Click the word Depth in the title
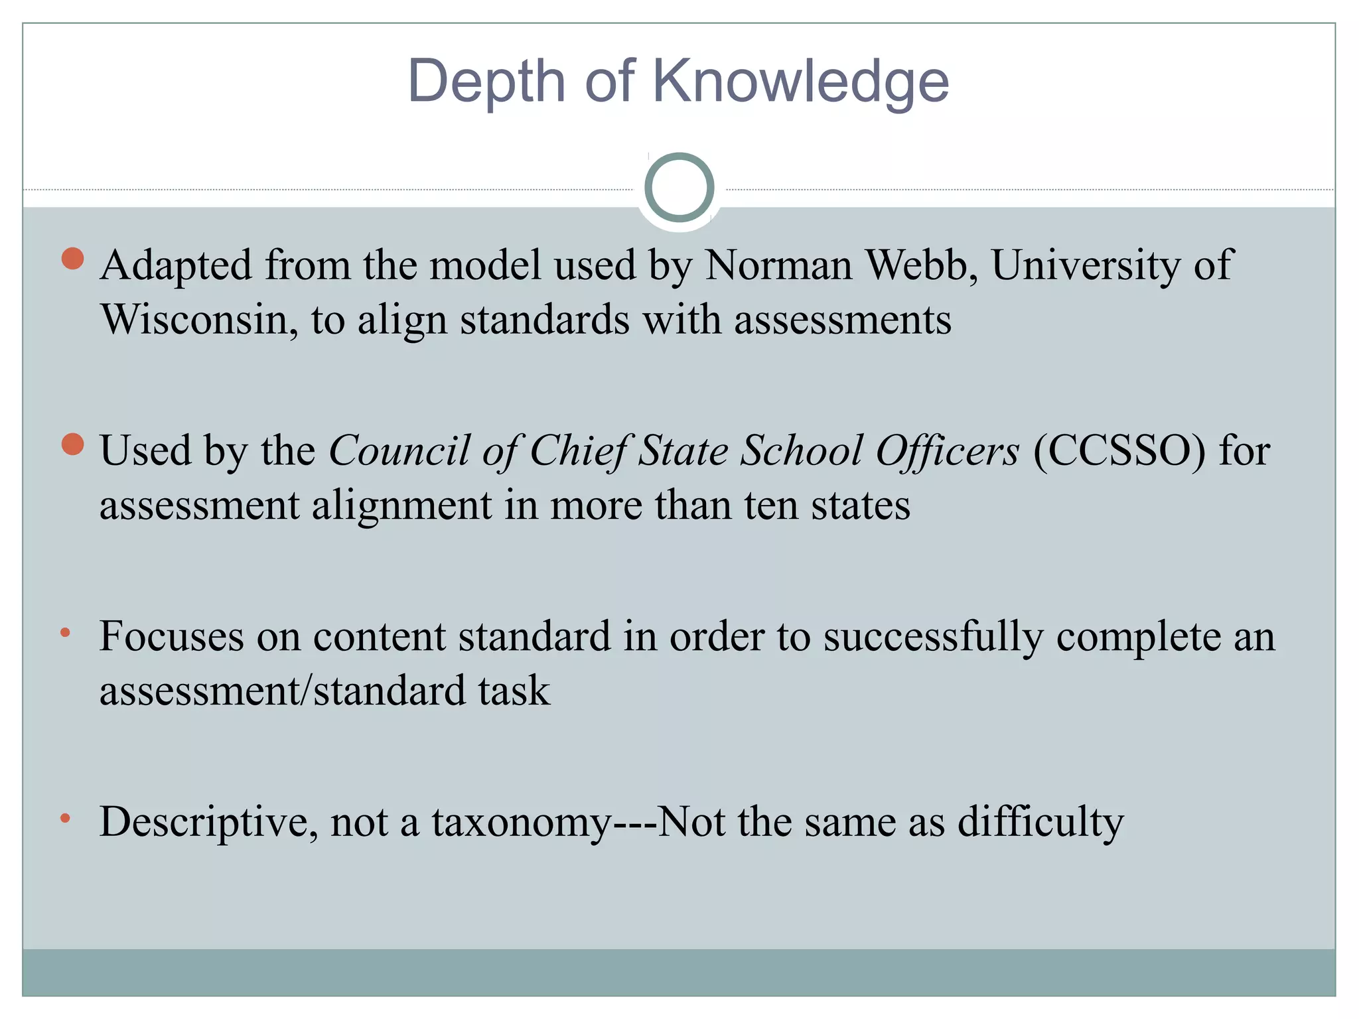point(486,82)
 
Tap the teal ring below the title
point(679,188)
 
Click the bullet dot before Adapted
point(72,258)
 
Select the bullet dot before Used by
point(72,444)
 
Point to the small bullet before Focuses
point(65,632)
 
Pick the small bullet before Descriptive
point(65,818)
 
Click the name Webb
point(922,265)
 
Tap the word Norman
point(778,265)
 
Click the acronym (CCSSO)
point(1119,451)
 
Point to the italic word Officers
point(947,451)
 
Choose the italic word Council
point(399,451)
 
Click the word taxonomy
point(522,823)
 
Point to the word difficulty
point(1040,823)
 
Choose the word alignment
point(401,506)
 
